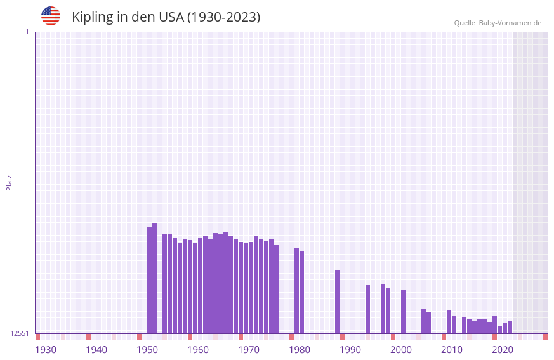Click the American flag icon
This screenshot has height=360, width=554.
[x=51, y=16]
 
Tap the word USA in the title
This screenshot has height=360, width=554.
[x=169, y=17]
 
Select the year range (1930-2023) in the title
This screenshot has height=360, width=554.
[x=223, y=17]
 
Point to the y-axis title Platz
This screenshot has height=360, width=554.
[x=9, y=183]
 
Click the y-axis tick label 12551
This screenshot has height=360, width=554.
[x=20, y=333]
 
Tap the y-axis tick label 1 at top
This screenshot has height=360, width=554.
[x=27, y=32]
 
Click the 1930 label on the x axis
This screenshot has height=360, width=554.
[x=46, y=350]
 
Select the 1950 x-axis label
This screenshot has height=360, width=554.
[x=147, y=350]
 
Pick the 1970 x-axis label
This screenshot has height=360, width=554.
[x=249, y=350]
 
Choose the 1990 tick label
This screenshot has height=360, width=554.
[x=350, y=350]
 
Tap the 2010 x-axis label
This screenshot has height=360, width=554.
[x=452, y=350]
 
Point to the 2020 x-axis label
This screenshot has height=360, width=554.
[x=503, y=350]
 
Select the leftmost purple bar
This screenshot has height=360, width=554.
[x=149, y=280]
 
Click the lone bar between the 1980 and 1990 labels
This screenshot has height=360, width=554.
[x=337, y=302]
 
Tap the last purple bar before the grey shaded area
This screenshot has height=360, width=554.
[x=510, y=327]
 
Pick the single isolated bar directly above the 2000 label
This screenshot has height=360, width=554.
[x=403, y=312]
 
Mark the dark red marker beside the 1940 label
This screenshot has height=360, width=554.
[x=88, y=337]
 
